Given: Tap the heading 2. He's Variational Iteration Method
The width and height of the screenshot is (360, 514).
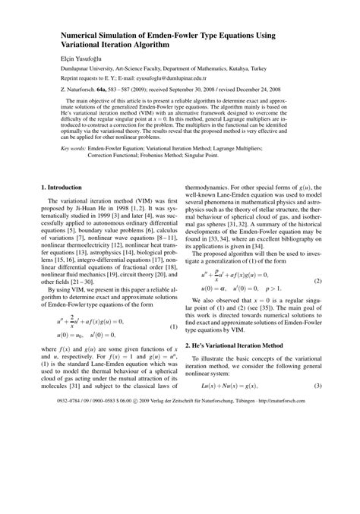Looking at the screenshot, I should (242, 366).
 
